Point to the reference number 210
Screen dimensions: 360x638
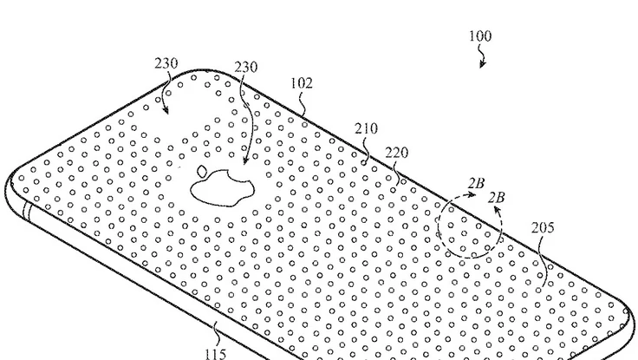click(x=365, y=129)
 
